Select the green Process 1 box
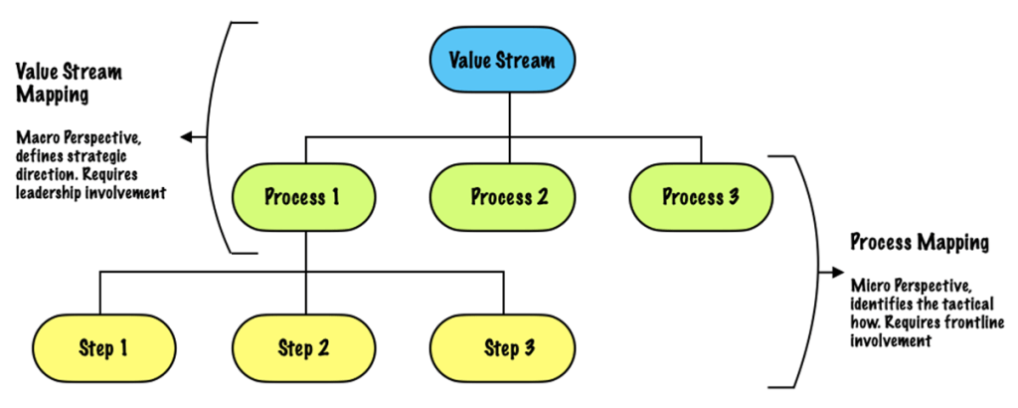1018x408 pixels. point(304,196)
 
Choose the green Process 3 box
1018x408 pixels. point(701,196)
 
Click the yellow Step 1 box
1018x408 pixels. point(103,348)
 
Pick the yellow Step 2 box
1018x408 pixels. point(304,348)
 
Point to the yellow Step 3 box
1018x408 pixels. point(502,348)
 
